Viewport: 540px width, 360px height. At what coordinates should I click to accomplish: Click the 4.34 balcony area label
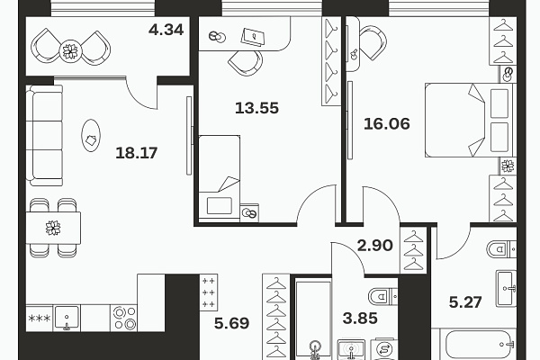click(166, 30)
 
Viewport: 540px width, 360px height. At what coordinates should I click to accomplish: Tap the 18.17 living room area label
click(137, 153)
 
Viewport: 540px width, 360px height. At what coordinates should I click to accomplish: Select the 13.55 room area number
click(256, 108)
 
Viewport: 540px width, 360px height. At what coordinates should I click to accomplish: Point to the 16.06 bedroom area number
click(387, 123)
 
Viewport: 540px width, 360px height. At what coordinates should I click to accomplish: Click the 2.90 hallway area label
click(374, 246)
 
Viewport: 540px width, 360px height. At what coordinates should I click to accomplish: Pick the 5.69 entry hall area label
click(231, 323)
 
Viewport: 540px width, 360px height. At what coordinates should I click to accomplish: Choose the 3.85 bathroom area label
click(360, 318)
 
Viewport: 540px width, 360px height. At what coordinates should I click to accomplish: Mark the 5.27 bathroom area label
click(465, 302)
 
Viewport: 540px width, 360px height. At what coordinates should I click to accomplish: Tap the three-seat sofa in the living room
click(44, 135)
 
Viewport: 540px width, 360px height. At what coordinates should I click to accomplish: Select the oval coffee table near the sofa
click(91, 135)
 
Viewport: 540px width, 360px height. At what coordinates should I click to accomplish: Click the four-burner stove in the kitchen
click(124, 318)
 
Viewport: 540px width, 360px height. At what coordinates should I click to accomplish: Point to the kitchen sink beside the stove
click(67, 318)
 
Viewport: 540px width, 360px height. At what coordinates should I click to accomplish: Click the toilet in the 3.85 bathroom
click(383, 295)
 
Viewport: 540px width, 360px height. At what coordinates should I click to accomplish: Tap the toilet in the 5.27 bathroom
click(502, 248)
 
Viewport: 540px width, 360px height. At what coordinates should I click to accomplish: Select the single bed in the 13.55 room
click(220, 177)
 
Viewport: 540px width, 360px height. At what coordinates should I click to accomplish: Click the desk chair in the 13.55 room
click(246, 62)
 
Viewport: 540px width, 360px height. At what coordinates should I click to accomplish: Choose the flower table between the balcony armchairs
click(70, 51)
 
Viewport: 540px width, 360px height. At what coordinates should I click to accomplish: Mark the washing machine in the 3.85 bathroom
click(383, 349)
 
